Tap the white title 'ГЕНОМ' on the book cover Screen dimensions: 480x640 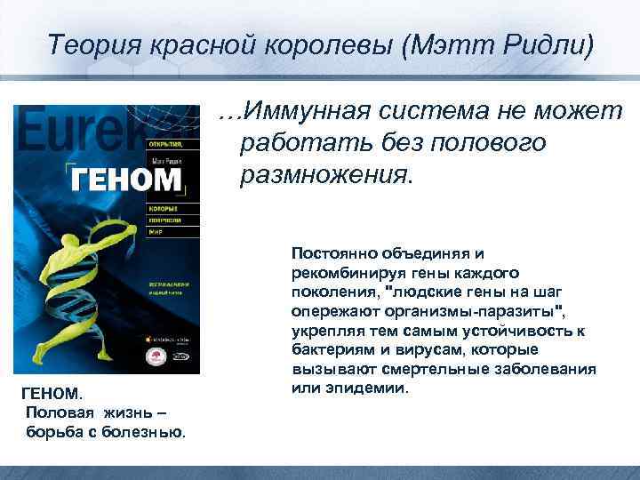point(125,180)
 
